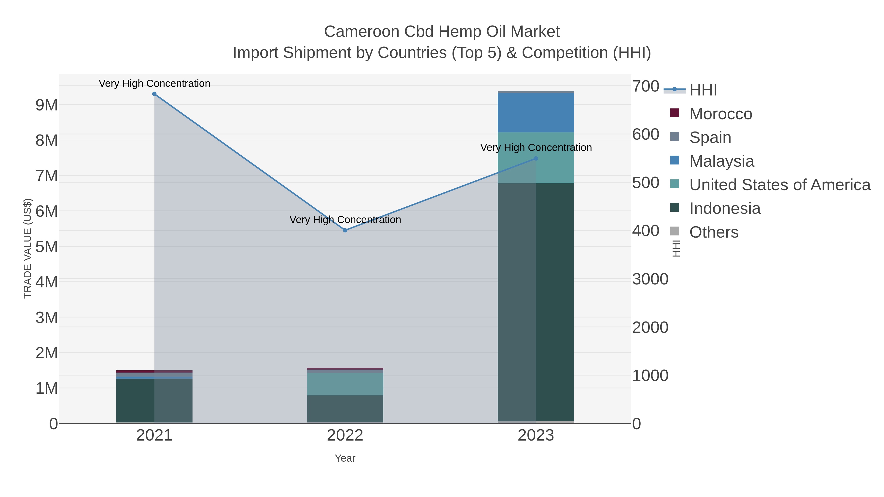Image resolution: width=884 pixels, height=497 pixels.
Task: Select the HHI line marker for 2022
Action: click(x=345, y=230)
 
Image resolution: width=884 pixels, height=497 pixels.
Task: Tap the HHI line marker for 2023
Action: click(x=536, y=159)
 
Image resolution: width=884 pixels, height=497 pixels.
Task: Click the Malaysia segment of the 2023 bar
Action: click(x=536, y=112)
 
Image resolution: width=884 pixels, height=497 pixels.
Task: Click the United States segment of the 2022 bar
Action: click(x=345, y=384)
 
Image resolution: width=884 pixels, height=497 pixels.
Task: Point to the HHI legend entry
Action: click(x=703, y=90)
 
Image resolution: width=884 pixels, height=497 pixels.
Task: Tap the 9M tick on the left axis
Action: click(x=47, y=105)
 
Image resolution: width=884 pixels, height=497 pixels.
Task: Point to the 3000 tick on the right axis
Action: click(x=650, y=279)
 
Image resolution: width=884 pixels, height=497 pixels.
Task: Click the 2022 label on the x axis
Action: click(x=345, y=436)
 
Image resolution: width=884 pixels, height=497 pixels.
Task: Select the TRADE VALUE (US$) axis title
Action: click(x=28, y=248)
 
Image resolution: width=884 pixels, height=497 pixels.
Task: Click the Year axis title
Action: click(x=345, y=458)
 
